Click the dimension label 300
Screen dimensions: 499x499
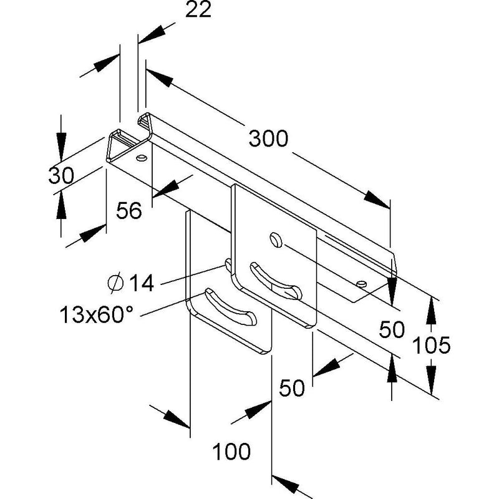click(268, 138)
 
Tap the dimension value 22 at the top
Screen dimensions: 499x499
click(198, 9)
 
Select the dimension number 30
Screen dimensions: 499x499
click(61, 175)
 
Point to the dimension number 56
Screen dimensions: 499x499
click(129, 210)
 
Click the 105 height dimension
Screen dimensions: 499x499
click(431, 345)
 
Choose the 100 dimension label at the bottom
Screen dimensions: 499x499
click(231, 451)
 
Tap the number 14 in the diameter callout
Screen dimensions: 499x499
click(142, 283)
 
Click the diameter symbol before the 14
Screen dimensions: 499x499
click(115, 283)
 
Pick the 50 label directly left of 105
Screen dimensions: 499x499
click(392, 329)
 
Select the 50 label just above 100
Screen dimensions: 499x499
click(291, 388)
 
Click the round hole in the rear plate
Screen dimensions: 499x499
click(276, 240)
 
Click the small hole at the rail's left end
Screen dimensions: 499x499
click(142, 158)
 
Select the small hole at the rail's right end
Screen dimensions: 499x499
click(362, 284)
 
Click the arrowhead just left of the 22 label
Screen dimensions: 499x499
click(152, 36)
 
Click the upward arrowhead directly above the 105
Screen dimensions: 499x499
click(431, 311)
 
